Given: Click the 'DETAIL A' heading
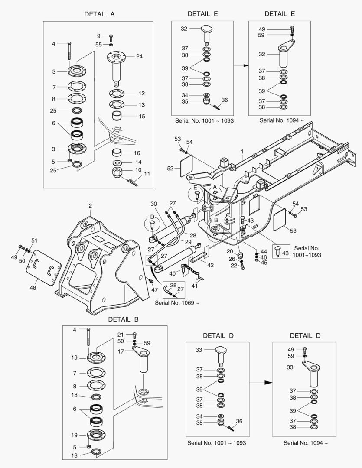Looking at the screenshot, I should [99, 14].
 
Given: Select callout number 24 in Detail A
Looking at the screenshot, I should [139, 56].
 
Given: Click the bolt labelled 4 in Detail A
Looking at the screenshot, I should [69, 52].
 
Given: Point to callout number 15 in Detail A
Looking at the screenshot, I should [142, 116].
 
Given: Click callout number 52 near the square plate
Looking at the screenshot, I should [170, 168].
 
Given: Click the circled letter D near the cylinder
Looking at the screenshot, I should [152, 217].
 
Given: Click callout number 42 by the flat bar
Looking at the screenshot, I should [210, 265].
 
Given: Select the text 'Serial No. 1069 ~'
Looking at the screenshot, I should [177, 302].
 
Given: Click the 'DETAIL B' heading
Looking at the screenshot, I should [123, 319].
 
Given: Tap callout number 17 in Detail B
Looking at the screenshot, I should [121, 351].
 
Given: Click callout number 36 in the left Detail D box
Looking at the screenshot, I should [239, 421].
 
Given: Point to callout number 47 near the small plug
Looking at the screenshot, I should [154, 289].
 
